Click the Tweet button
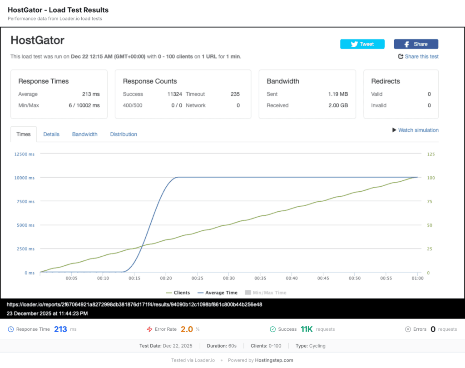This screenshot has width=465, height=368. click(362, 44)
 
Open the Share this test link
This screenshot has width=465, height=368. click(418, 57)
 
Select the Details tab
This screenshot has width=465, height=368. click(51, 134)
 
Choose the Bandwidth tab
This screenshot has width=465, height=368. click(84, 134)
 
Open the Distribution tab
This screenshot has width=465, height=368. click(124, 134)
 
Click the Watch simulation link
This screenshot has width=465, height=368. click(415, 130)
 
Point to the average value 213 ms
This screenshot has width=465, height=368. click(91, 94)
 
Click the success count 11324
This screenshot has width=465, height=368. click(175, 94)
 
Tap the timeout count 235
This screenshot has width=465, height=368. click(235, 94)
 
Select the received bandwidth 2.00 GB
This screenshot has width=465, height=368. click(338, 105)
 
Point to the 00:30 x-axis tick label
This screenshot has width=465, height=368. click(228, 278)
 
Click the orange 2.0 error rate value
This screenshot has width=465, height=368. click(187, 329)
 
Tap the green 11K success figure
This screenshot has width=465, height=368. click(307, 329)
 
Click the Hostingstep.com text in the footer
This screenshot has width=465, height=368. click(274, 360)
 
